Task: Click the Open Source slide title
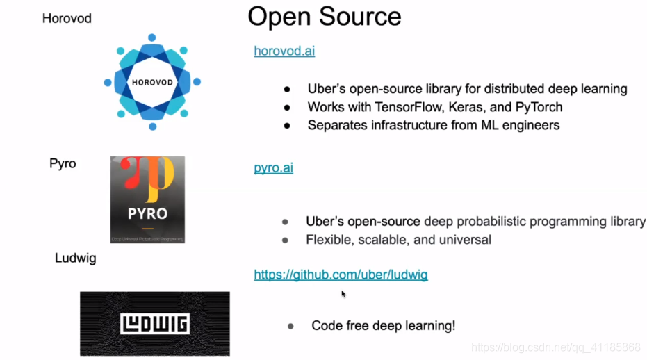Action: (x=324, y=17)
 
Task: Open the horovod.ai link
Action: (x=284, y=51)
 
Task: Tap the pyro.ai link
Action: (x=273, y=167)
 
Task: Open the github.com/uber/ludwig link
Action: (x=341, y=275)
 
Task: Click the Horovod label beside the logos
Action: (x=67, y=19)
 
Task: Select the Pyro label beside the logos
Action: (x=63, y=164)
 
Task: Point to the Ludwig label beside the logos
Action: (x=75, y=259)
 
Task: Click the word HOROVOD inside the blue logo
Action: (x=151, y=81)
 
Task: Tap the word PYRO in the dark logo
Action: (x=147, y=213)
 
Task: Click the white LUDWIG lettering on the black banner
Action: (x=154, y=324)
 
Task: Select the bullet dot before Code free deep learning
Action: (x=290, y=326)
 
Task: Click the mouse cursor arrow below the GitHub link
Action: (x=343, y=294)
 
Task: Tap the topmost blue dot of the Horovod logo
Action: (x=152, y=38)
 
